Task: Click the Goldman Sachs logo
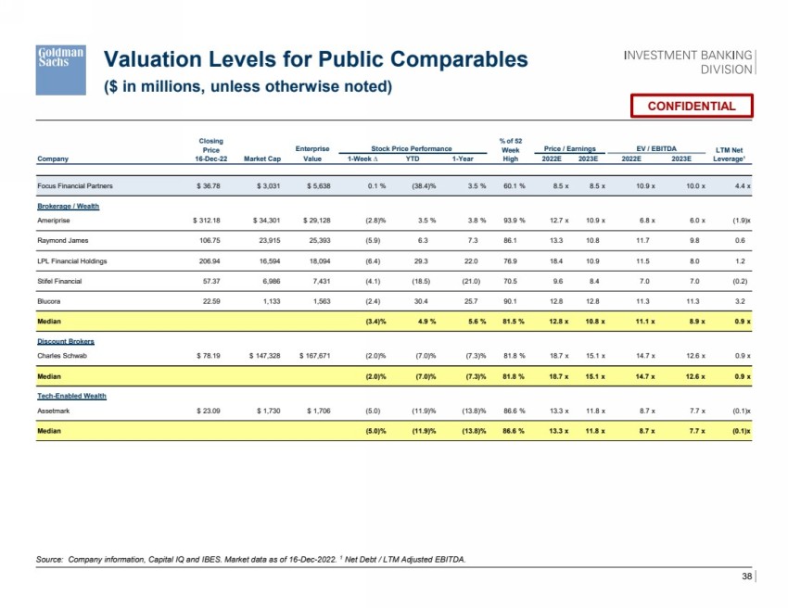[60, 69]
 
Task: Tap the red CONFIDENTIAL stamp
[692, 106]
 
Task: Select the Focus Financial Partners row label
[75, 186]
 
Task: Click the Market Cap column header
[262, 158]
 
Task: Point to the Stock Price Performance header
[412, 148]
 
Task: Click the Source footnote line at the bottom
[250, 558]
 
